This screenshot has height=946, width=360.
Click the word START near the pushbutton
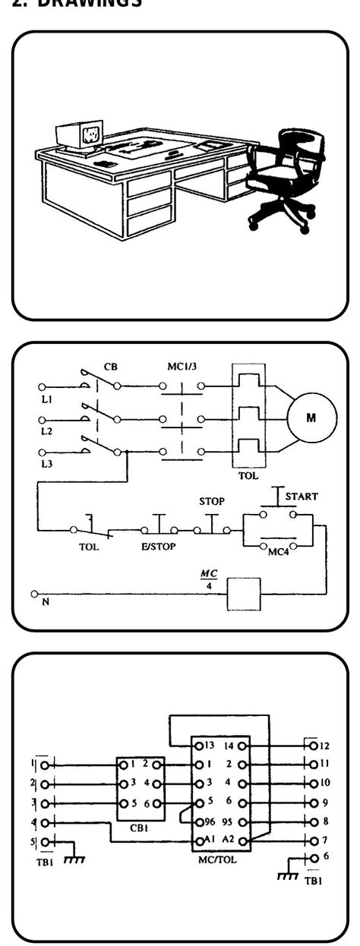pos(302,497)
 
